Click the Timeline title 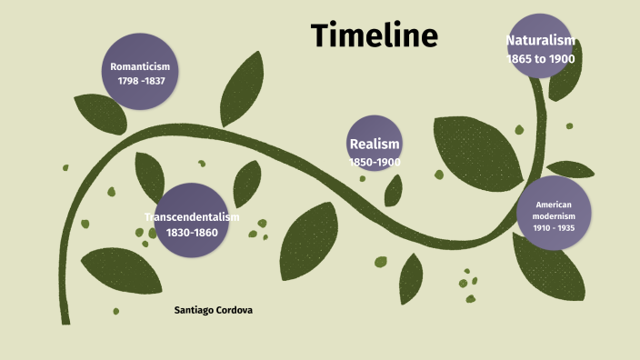click(x=374, y=35)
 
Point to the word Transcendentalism click(x=191, y=216)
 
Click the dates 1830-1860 click(x=191, y=233)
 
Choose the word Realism click(x=375, y=144)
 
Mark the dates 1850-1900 click(x=375, y=162)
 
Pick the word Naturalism click(x=541, y=40)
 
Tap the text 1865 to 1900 click(x=541, y=58)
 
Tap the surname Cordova click(x=235, y=310)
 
